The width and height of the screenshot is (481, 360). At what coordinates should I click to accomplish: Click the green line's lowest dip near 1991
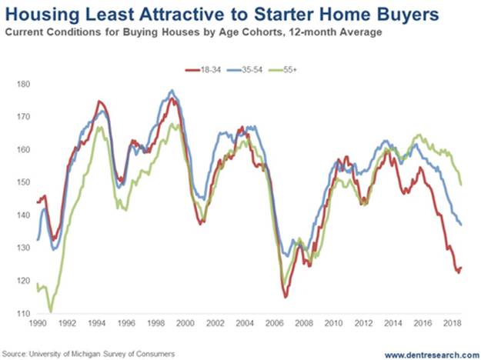coord(51,312)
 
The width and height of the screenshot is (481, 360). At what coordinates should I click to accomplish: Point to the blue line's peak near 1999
coord(171,90)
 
